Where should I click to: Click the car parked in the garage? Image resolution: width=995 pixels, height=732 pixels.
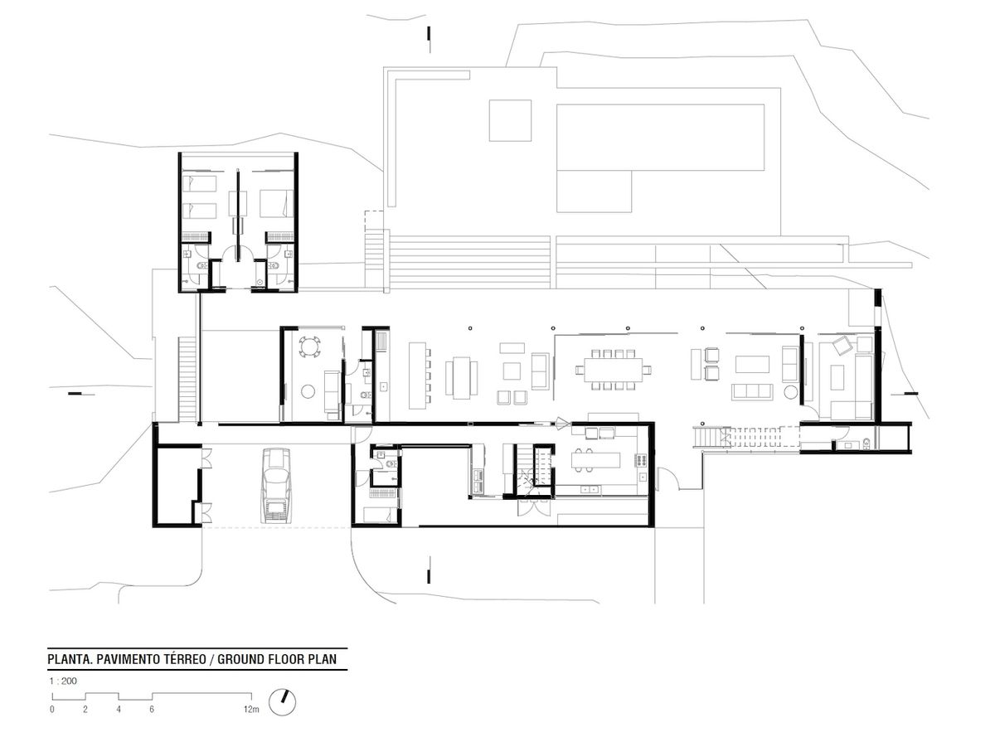click(x=275, y=486)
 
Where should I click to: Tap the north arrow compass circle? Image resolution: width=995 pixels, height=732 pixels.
click(x=283, y=703)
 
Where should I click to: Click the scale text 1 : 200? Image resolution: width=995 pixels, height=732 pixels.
click(x=63, y=681)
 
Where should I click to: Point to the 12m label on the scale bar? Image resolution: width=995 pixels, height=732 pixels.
click(x=251, y=709)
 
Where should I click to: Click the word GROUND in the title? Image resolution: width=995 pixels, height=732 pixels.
click(x=240, y=659)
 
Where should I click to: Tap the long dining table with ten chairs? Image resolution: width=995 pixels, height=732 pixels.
click(x=613, y=370)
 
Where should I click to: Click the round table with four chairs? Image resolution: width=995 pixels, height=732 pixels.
click(x=310, y=347)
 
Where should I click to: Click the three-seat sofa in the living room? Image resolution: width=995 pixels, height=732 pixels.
click(x=752, y=391)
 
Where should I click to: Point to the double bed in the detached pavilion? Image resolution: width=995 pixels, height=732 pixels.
click(x=276, y=203)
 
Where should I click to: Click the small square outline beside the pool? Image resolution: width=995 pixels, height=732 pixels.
click(x=510, y=120)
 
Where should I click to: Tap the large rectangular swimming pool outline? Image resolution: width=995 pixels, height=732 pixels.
click(x=660, y=138)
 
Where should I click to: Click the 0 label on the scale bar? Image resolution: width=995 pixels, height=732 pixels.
click(x=52, y=710)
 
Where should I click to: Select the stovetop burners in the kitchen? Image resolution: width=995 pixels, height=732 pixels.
click(x=642, y=460)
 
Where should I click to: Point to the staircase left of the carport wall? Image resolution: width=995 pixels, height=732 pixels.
click(x=187, y=380)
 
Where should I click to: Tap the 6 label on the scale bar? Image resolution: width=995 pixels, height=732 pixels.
click(x=152, y=710)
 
